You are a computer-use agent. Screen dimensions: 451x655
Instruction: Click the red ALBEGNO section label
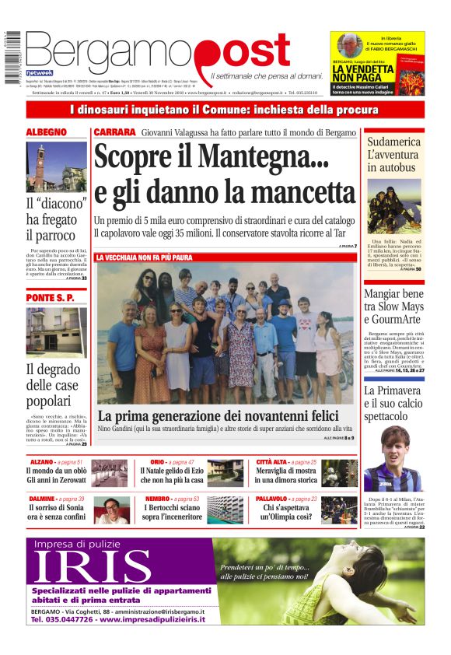47,132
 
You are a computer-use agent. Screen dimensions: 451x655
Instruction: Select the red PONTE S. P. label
50,298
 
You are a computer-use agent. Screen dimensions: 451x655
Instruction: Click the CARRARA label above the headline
114,132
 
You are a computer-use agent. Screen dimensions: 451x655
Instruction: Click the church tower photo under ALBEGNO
56,166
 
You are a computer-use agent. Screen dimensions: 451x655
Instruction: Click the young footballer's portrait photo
393,466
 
